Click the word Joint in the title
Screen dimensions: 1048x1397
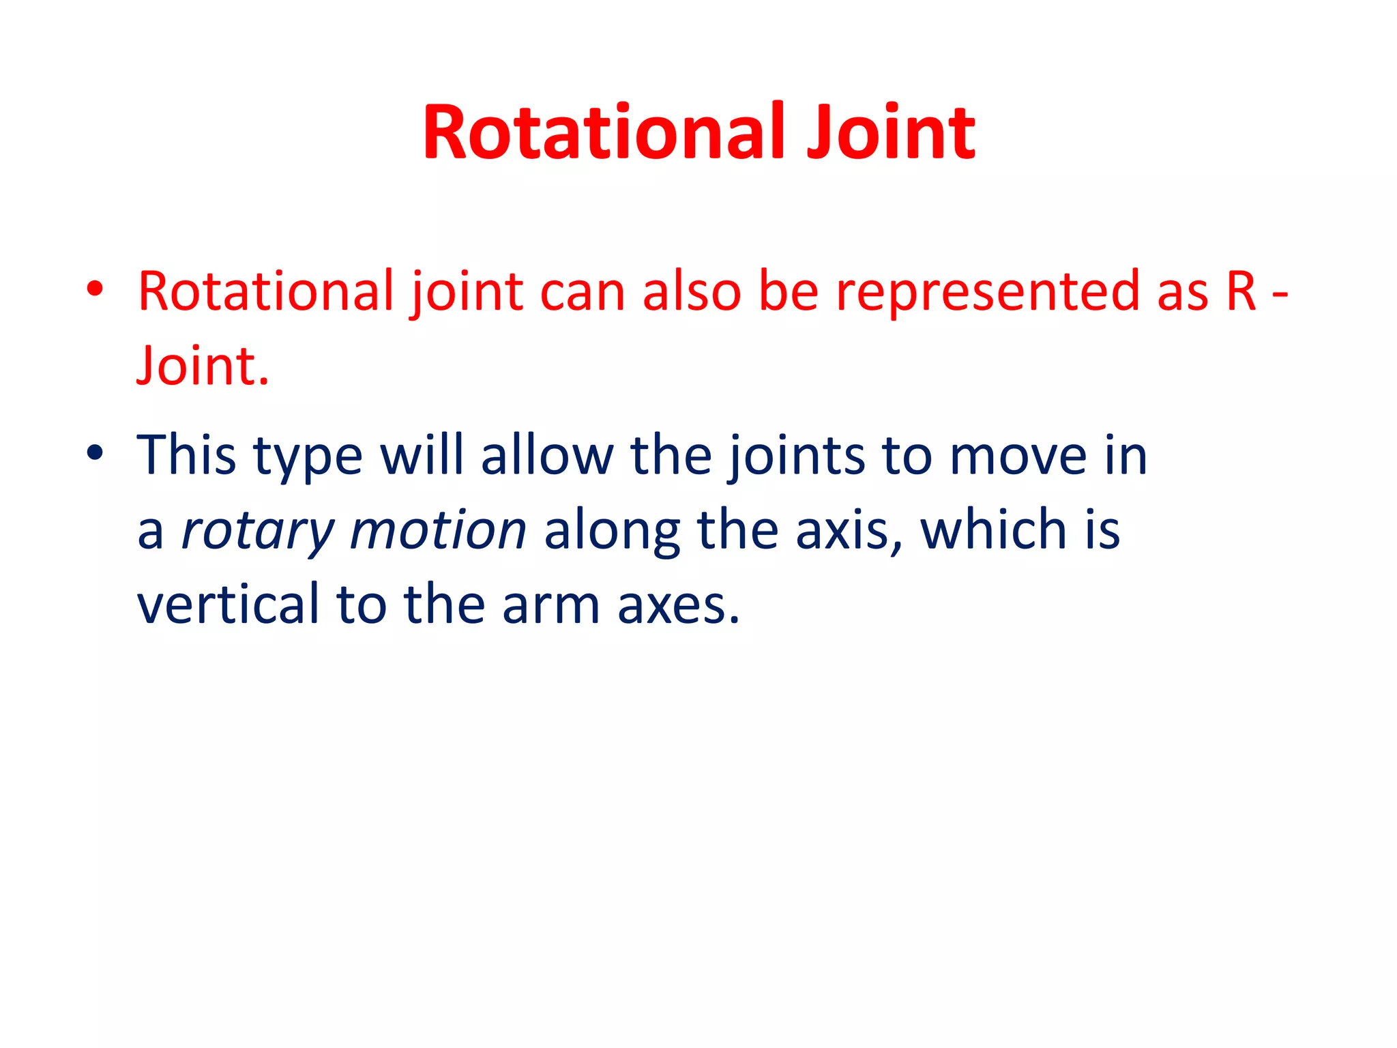pyautogui.click(x=890, y=132)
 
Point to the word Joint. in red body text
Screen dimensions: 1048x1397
pyautogui.click(x=203, y=366)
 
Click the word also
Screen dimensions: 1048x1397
pyautogui.click(x=691, y=292)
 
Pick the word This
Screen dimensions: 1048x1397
pyautogui.click(x=186, y=455)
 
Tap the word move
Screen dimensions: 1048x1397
pyautogui.click(x=1018, y=456)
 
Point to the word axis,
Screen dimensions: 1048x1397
pyautogui.click(x=849, y=531)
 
